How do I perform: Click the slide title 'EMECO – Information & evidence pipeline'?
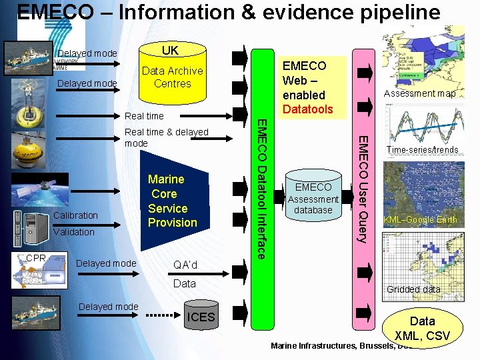point(229,13)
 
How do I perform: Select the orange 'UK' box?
point(171,51)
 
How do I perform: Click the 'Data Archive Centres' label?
point(172,77)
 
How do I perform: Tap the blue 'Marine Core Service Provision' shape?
point(171,201)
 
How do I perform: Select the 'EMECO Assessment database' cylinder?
point(313,198)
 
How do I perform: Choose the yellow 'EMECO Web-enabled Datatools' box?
point(305,87)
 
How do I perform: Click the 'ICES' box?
point(201,317)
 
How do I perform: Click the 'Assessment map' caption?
point(419,94)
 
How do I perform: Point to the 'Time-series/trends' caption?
point(423,150)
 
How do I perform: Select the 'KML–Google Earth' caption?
point(420,220)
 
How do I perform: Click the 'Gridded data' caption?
point(413,289)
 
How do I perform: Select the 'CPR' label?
point(36,259)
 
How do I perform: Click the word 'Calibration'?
point(75,215)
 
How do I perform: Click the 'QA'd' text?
point(185,265)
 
